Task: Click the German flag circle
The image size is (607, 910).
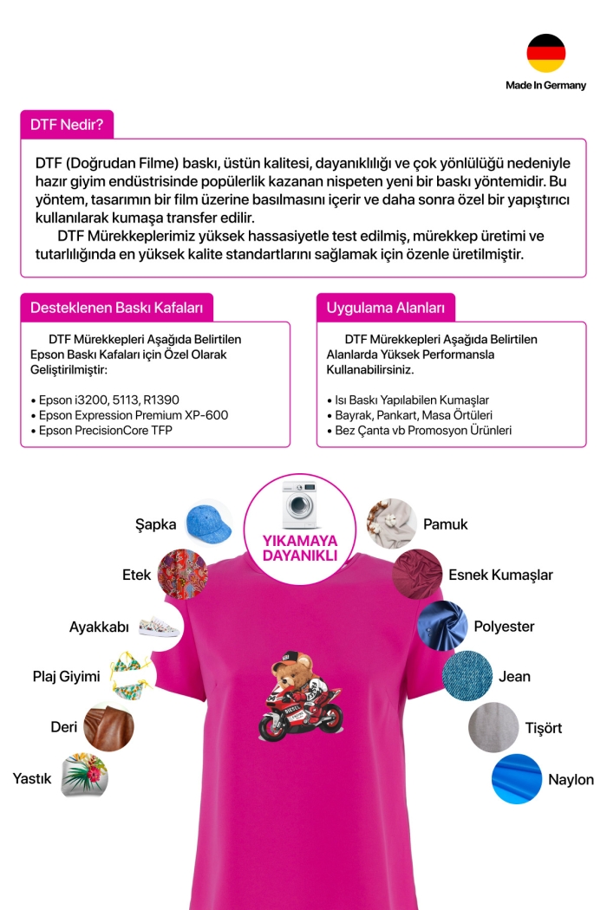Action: coord(545,54)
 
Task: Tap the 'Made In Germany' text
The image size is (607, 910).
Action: coord(545,85)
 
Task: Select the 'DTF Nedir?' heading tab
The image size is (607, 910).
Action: coord(67,124)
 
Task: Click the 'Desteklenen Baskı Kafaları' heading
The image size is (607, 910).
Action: coord(116,308)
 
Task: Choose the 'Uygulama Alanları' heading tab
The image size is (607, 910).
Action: coord(385,308)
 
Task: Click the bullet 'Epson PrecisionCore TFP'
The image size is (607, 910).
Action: coord(108,430)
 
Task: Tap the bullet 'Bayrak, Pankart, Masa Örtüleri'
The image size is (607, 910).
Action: coord(409,415)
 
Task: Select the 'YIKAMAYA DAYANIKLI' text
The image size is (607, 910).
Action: coord(299,548)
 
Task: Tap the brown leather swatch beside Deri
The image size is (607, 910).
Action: coord(108,725)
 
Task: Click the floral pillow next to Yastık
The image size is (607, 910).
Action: coord(84,775)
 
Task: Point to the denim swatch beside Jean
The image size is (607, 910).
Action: coord(467,676)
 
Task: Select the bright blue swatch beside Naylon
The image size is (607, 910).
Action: coord(516,780)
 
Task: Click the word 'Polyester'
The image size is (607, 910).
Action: coord(504,626)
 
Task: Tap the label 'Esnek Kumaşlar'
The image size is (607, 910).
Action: coord(500,575)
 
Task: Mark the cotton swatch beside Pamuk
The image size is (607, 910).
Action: coord(391,523)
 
